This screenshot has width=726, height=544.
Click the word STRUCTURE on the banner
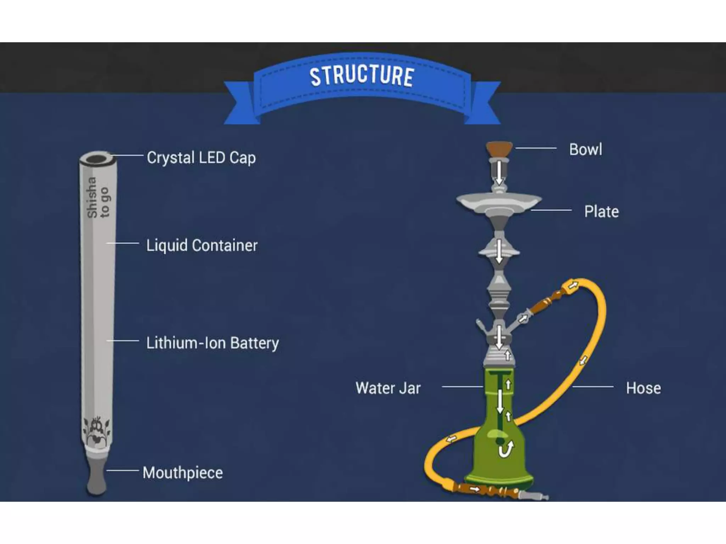coord(362,76)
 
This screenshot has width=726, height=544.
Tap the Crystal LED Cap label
coord(201,158)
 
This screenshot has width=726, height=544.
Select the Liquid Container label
coord(202,245)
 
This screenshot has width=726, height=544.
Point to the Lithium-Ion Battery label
coord(212,343)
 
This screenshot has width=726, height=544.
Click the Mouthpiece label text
coord(183,473)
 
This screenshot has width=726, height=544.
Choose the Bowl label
coord(586,149)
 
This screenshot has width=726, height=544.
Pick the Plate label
coord(601,212)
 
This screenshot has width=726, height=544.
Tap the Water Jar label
coord(388,388)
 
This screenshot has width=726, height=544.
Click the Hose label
coord(643,388)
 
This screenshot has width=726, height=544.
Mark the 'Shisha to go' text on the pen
coord(98,197)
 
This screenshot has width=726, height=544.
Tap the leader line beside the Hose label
coord(593,387)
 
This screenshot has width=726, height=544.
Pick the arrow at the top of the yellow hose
coord(573,285)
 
